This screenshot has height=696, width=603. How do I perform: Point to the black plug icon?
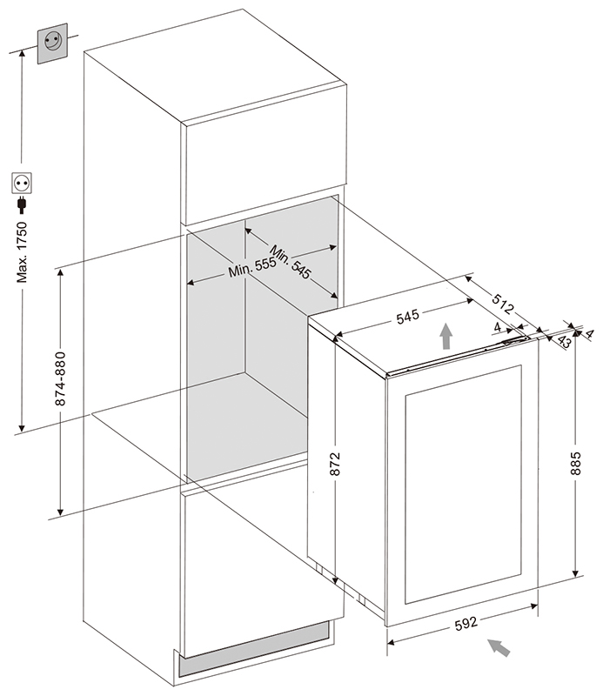click(x=20, y=205)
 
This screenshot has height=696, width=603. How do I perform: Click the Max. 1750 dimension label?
click(x=24, y=252)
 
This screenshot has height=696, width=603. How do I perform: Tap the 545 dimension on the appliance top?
click(x=407, y=317)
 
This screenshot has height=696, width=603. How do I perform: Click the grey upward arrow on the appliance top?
click(x=446, y=335)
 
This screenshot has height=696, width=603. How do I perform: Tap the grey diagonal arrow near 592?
click(x=499, y=647)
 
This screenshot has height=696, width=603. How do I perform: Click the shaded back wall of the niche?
click(x=287, y=339)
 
